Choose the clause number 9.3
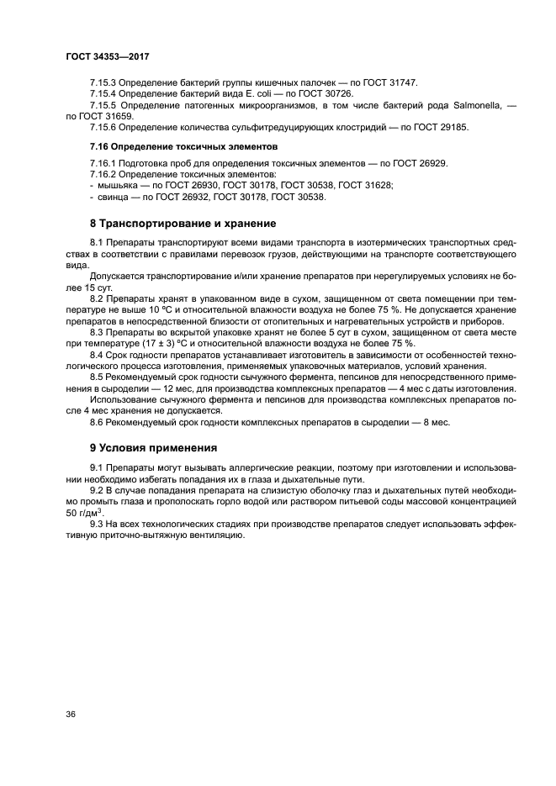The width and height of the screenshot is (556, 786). [98, 523]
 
